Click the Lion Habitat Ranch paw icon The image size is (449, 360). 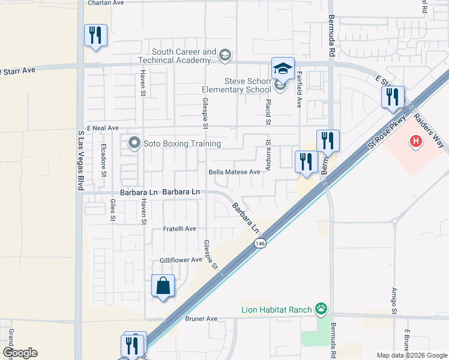pos(322,310)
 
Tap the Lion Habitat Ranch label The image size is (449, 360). pos(276,310)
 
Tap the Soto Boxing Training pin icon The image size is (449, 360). pos(133,143)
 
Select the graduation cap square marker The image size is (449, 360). pos(283,68)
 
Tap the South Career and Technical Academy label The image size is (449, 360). pos(184,56)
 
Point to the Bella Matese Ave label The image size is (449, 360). pos(234,172)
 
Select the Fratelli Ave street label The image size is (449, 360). pos(180,229)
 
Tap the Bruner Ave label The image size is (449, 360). pos(201,319)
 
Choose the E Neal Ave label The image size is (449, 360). pos(103,128)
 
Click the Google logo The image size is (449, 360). pos(19,353)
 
